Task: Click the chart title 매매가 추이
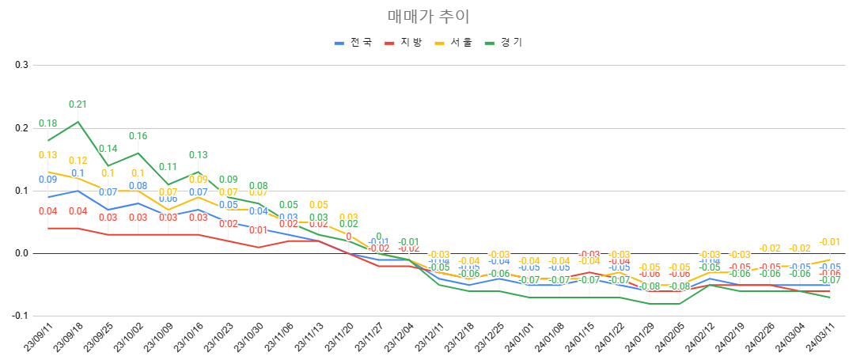pyautogui.click(x=424, y=16)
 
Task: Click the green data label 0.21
pyautogui.click(x=78, y=104)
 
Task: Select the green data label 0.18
pyautogui.click(x=47, y=123)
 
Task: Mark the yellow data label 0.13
pyautogui.click(x=47, y=155)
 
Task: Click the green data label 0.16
pyautogui.click(x=138, y=135)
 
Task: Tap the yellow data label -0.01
pyautogui.click(x=829, y=242)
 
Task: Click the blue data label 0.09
pyautogui.click(x=47, y=180)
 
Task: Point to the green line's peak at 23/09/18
pyautogui.click(x=78, y=121)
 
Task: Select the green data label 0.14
pyautogui.click(x=108, y=149)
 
